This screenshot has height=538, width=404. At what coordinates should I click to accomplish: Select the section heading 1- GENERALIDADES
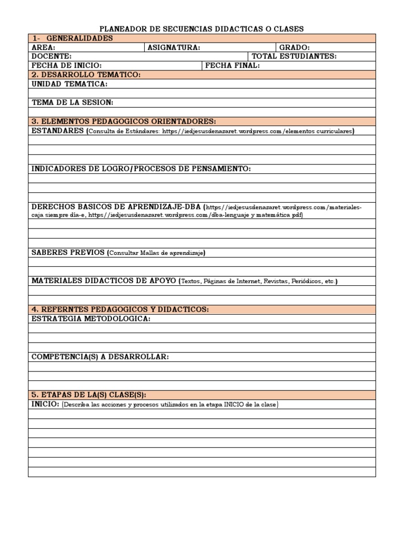72,38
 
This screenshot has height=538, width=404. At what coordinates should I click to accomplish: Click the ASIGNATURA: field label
174,47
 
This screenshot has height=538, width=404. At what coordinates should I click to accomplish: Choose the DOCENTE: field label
52,56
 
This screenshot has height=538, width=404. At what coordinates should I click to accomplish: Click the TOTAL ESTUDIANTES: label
294,56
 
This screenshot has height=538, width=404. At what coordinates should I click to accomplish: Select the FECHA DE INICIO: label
66,66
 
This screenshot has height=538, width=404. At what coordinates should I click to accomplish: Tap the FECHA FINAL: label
232,66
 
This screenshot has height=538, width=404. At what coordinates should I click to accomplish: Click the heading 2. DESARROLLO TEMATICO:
86,75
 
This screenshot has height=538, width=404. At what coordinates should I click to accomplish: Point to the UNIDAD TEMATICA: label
69,84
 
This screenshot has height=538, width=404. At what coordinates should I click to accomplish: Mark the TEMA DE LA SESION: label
72,102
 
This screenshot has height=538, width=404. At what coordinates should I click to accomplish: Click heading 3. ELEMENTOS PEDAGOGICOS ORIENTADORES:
124,121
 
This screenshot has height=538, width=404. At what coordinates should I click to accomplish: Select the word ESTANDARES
58,130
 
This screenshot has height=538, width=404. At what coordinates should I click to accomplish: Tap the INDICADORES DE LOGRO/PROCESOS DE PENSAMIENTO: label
141,169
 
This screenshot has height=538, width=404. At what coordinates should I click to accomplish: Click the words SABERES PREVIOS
68,252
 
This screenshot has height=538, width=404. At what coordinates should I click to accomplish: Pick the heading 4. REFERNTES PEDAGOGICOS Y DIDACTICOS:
120,309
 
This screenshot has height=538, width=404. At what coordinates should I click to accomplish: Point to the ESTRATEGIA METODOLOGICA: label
91,318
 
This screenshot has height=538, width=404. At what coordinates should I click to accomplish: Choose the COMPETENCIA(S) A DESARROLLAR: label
100,357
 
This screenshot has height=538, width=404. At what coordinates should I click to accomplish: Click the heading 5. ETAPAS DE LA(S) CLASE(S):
89,395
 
